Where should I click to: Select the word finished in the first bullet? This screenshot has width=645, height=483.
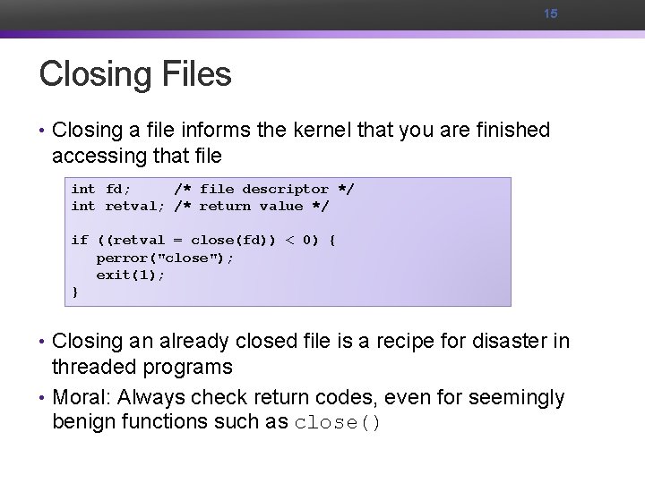(x=507, y=131)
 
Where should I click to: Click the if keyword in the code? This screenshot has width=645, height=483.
(x=80, y=240)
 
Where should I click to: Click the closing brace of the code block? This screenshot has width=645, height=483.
(x=75, y=291)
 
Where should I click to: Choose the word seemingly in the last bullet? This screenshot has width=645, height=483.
(x=520, y=397)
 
